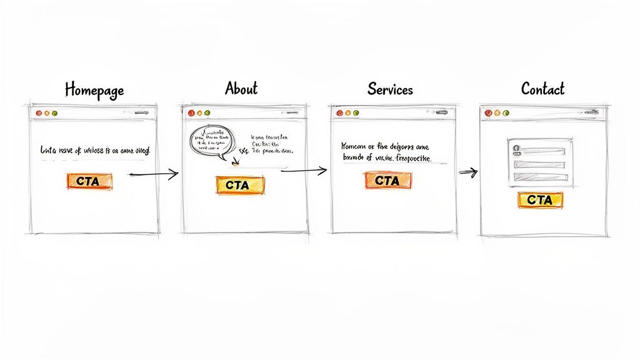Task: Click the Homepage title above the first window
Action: pos(94,90)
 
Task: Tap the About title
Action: pos(241,89)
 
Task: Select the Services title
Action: pos(390,89)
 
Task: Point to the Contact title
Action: pos(542,89)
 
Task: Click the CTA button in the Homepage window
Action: pos(89,181)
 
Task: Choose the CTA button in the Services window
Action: pos(387,180)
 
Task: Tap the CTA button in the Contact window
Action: pos(539,200)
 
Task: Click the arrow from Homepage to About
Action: pos(153,175)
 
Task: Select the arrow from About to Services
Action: pos(304,169)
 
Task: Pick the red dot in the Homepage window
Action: pos(39,113)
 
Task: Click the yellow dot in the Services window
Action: pos(348,113)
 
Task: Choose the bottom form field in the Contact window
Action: pos(541,176)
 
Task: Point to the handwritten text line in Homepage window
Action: pos(95,151)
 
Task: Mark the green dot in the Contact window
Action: pos(505,113)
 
